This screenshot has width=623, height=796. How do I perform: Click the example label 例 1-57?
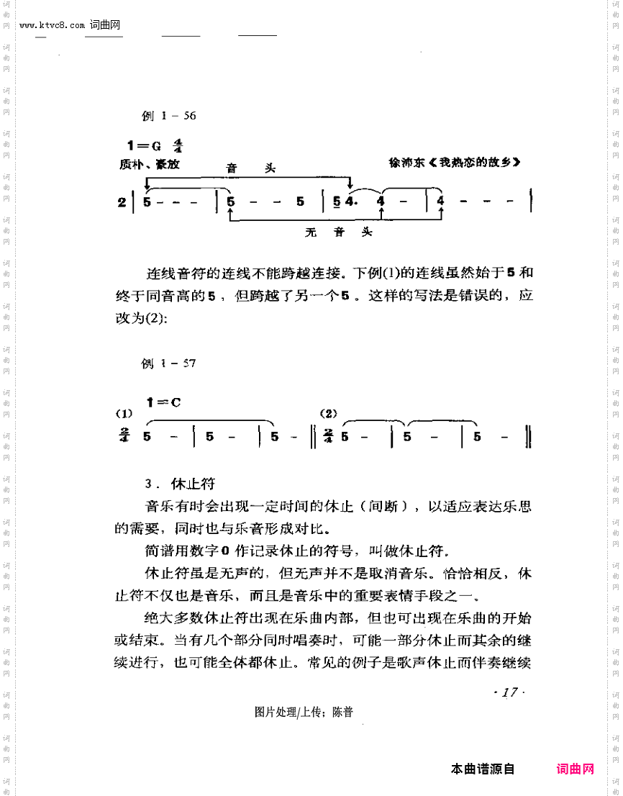point(168,363)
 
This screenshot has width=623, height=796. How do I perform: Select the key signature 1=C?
point(163,403)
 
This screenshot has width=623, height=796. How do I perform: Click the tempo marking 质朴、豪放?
point(150,164)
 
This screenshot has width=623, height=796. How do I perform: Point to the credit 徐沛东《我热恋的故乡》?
point(454,162)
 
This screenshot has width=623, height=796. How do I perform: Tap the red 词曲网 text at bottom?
point(576,769)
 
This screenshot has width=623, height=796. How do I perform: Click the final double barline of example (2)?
point(529,437)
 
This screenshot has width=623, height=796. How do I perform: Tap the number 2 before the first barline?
point(122,203)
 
